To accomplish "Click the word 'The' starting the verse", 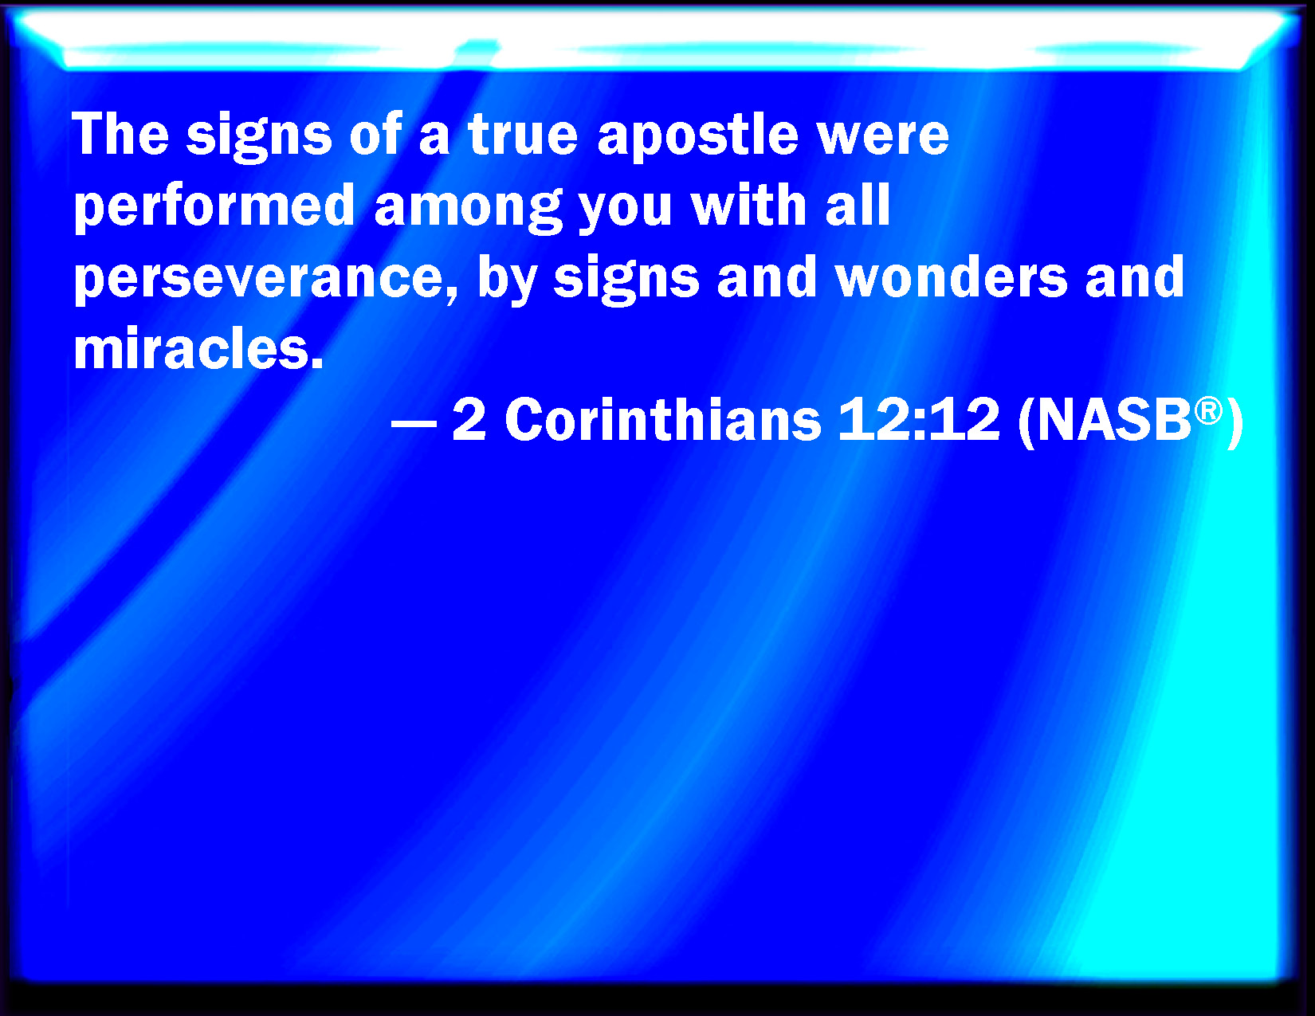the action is point(120,134).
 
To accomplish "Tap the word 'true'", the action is point(523,135).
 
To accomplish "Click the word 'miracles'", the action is point(198,348).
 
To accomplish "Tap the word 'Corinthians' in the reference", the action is point(663,419).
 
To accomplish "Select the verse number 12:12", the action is point(919,419).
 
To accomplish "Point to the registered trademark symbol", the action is point(1208,411).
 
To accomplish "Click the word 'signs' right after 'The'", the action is point(259,139).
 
